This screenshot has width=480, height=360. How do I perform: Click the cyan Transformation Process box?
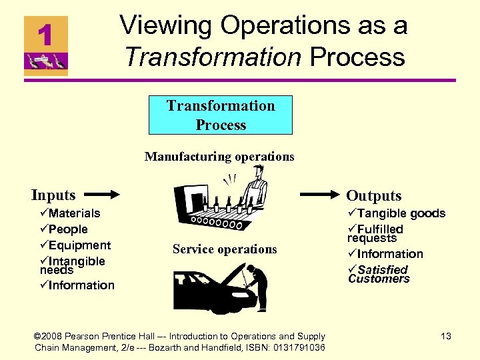pyautogui.click(x=221, y=115)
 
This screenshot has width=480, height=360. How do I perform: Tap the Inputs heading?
pyautogui.click(x=53, y=195)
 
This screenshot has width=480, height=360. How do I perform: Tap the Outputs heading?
pyautogui.click(x=373, y=196)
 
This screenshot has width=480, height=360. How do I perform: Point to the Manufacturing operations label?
pyautogui.click(x=219, y=157)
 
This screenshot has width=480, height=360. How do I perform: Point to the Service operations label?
pyautogui.click(x=224, y=249)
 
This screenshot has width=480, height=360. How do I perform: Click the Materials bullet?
pyautogui.click(x=70, y=213)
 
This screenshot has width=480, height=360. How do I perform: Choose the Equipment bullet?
pyautogui.click(x=75, y=245)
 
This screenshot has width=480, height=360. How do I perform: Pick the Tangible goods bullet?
pyautogui.click(x=396, y=213)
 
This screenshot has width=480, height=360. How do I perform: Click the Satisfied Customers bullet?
pyautogui.click(x=379, y=274)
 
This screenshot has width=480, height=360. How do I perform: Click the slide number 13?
pyautogui.click(x=445, y=337)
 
